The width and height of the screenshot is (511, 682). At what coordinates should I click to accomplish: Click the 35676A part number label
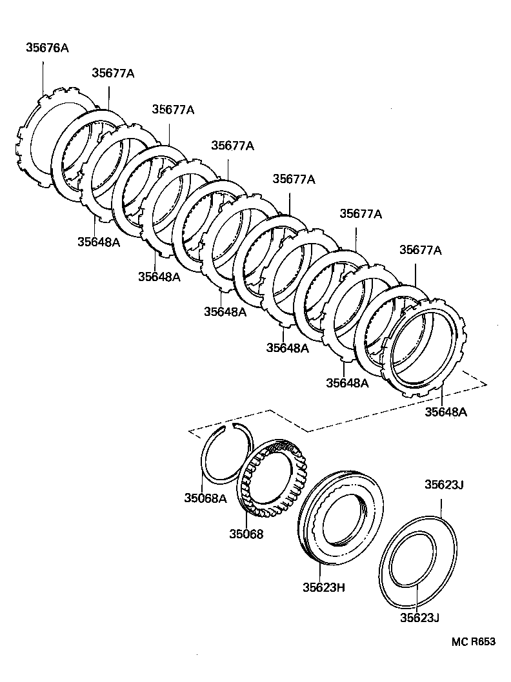click(x=47, y=47)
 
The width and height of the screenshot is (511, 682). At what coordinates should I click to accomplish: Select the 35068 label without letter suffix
click(x=246, y=534)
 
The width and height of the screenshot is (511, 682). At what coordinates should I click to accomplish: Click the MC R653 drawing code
click(x=473, y=641)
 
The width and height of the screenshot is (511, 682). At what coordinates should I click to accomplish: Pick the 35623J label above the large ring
click(x=444, y=484)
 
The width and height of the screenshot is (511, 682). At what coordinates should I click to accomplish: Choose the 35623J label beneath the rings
click(x=419, y=618)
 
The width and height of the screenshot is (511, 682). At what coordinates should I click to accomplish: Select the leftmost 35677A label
click(x=112, y=73)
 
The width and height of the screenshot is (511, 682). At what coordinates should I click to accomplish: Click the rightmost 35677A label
click(x=420, y=249)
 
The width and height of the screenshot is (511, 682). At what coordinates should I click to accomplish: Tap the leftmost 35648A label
click(x=99, y=242)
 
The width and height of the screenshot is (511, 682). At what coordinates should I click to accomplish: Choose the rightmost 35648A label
click(x=445, y=411)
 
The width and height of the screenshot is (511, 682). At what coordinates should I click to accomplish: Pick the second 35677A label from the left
click(x=173, y=109)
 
